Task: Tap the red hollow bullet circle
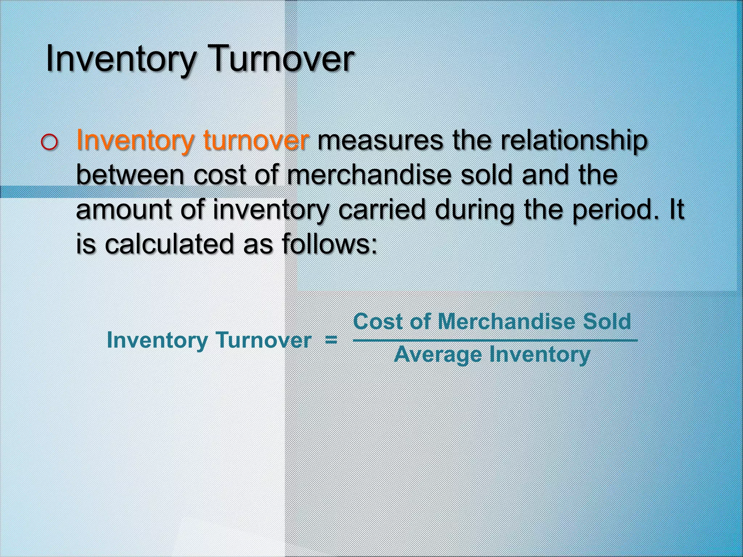point(49,143)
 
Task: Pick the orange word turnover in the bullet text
point(256,141)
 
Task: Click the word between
point(130,175)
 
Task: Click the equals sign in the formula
point(331,341)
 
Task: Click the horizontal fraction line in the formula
point(495,340)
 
